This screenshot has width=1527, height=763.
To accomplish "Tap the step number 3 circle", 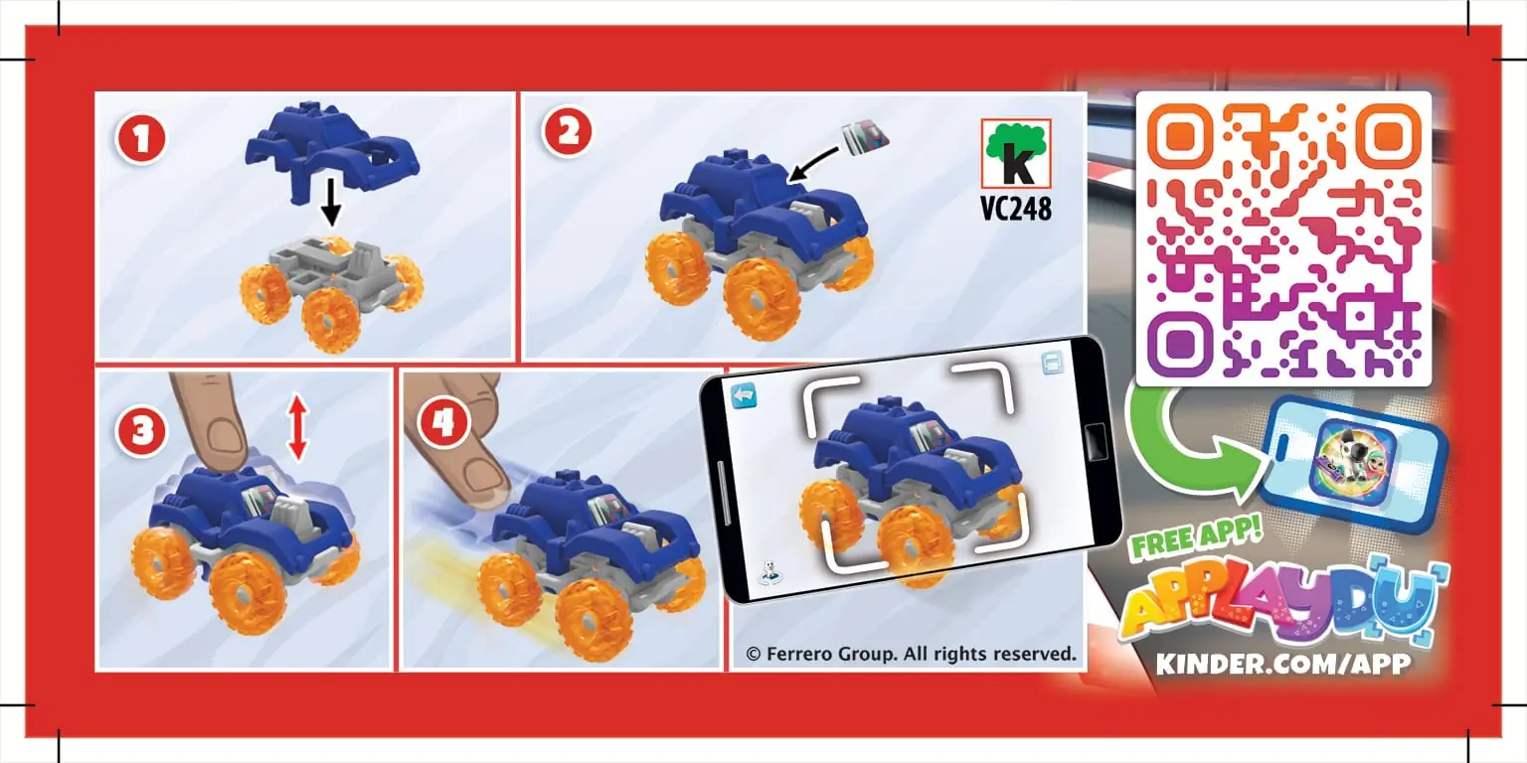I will coord(141,430).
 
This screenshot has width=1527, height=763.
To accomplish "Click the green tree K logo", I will coord(1015,153).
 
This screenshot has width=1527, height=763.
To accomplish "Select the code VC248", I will coord(1015,209).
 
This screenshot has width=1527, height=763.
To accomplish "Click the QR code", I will coord(1283,237).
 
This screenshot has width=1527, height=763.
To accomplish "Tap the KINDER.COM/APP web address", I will coord(1282,664).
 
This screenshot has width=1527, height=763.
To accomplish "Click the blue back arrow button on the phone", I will coord(745,396).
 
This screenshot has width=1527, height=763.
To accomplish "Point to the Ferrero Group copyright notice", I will coord(911,654).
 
